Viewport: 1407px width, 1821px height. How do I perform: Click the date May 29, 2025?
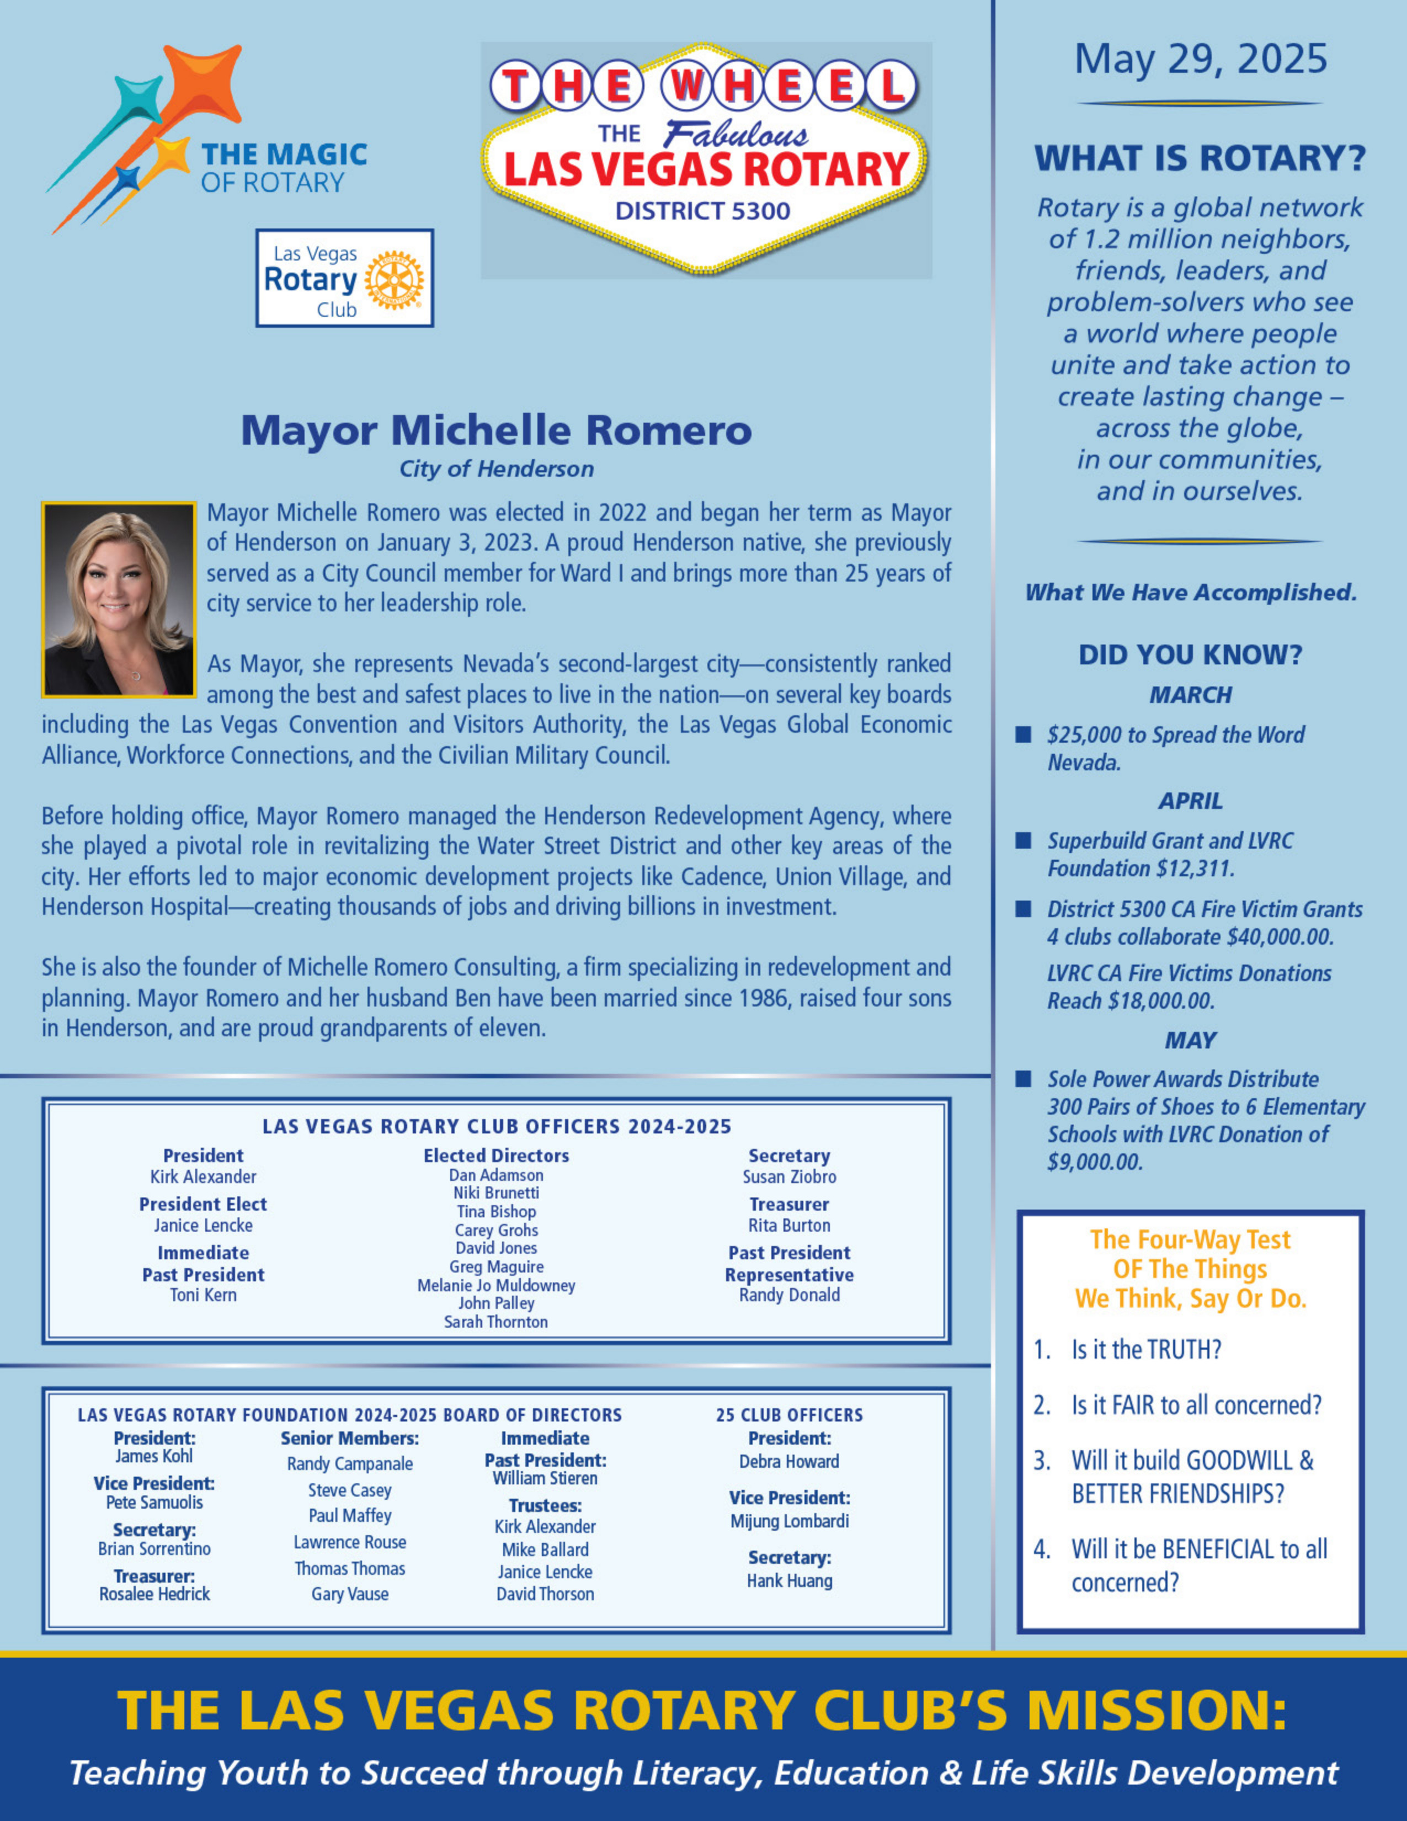click(x=1200, y=59)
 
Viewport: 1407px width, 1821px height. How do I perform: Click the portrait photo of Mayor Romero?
click(x=119, y=599)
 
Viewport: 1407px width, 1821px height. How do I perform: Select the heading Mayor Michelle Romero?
click(x=496, y=430)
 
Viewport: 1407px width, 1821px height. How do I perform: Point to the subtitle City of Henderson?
click(x=496, y=470)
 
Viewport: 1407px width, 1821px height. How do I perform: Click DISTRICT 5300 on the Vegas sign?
click(x=702, y=211)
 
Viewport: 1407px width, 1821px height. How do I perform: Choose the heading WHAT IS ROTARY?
click(x=1200, y=158)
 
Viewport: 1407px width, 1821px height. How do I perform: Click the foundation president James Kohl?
click(x=153, y=1456)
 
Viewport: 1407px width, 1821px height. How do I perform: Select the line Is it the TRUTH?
click(x=1146, y=1349)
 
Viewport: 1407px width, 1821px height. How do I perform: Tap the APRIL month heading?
click(x=1190, y=801)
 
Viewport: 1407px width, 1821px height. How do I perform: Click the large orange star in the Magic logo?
click(x=204, y=83)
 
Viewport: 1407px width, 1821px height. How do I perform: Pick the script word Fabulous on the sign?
click(x=736, y=135)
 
